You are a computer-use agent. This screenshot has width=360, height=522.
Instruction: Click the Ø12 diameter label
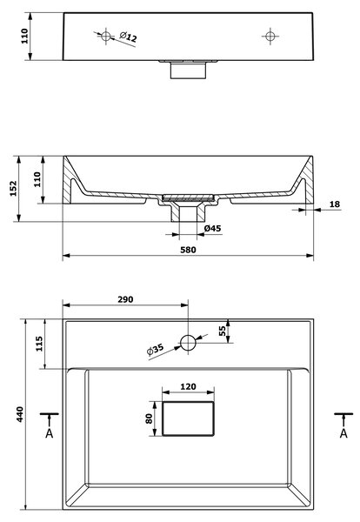click(x=128, y=37)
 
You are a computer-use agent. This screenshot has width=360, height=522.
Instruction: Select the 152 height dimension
click(x=13, y=189)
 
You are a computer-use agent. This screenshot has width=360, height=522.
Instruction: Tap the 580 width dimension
click(x=188, y=250)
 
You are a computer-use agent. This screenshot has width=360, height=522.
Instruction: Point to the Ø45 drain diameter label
click(x=212, y=228)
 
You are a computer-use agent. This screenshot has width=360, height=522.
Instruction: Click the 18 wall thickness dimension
click(x=335, y=204)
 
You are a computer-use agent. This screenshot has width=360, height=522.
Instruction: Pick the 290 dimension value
click(x=125, y=299)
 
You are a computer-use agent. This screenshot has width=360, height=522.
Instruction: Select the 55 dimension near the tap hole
click(x=222, y=331)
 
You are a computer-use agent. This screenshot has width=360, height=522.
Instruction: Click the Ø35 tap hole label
click(x=155, y=349)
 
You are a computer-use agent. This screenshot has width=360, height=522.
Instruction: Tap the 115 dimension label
click(x=39, y=344)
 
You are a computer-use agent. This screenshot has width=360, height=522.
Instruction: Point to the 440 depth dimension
click(x=20, y=414)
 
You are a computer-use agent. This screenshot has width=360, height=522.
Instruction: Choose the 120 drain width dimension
click(x=188, y=386)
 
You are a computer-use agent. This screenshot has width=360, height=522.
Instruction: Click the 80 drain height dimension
click(x=149, y=418)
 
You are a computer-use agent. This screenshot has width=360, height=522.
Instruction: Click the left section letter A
click(x=50, y=433)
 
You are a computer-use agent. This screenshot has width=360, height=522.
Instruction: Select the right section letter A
click(x=343, y=433)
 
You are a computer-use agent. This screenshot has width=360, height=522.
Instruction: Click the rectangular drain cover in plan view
click(x=188, y=418)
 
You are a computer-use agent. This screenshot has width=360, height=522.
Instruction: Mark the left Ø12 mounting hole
click(x=106, y=36)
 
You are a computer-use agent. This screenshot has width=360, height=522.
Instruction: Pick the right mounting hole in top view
click(x=270, y=36)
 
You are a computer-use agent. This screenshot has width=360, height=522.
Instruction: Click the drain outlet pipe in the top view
click(x=188, y=70)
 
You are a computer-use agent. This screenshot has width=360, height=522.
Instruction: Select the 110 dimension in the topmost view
click(x=24, y=37)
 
